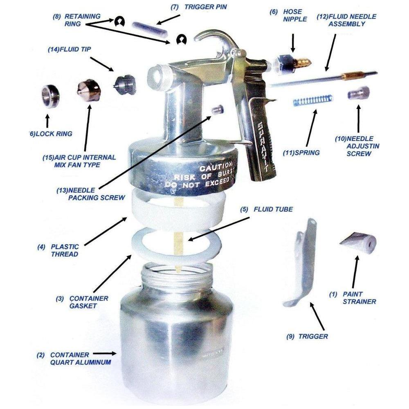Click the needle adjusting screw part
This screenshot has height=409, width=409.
click(x=359, y=93)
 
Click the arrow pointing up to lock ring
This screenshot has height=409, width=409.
click(x=47, y=120)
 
